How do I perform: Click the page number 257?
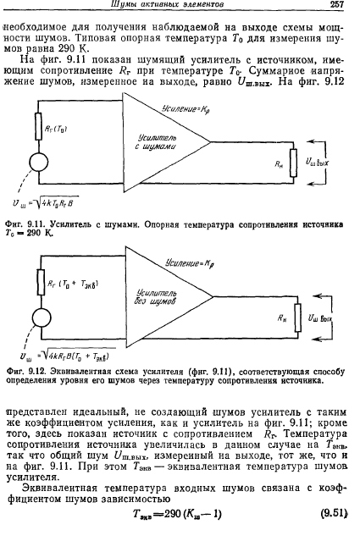click(x=336, y=4)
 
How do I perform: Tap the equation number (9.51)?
click(x=334, y=513)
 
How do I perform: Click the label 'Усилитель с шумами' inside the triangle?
click(x=156, y=142)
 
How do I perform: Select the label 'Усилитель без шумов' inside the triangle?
click(x=156, y=297)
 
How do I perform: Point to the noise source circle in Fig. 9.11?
click(x=39, y=163)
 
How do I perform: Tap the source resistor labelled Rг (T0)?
click(x=39, y=126)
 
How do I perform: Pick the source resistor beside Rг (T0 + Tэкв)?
click(x=41, y=282)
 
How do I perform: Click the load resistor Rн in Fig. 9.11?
click(x=293, y=163)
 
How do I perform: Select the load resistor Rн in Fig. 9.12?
click(x=297, y=317)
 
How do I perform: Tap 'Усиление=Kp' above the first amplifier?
click(x=186, y=109)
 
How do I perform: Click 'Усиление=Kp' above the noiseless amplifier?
click(x=187, y=264)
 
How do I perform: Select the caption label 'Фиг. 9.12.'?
click(x=26, y=372)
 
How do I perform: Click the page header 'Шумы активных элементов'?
click(x=167, y=4)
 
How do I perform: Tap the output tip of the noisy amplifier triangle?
click(x=210, y=141)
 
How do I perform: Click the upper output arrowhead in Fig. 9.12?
click(x=315, y=295)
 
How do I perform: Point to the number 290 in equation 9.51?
click(x=173, y=514)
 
